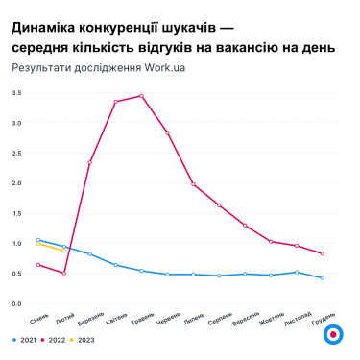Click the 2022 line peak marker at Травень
coord(141,96)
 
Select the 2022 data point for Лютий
coord(63,273)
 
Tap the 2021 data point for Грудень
coord(323,278)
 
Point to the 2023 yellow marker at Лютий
coord(63,251)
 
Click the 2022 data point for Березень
coord(89,162)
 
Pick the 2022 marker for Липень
coord(193,184)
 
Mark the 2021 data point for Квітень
coord(115,265)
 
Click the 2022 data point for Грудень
coord(323,253)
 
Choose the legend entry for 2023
coord(83,339)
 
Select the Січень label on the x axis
coord(38,317)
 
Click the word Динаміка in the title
coord(47,26)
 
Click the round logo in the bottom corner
coord(332,335)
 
